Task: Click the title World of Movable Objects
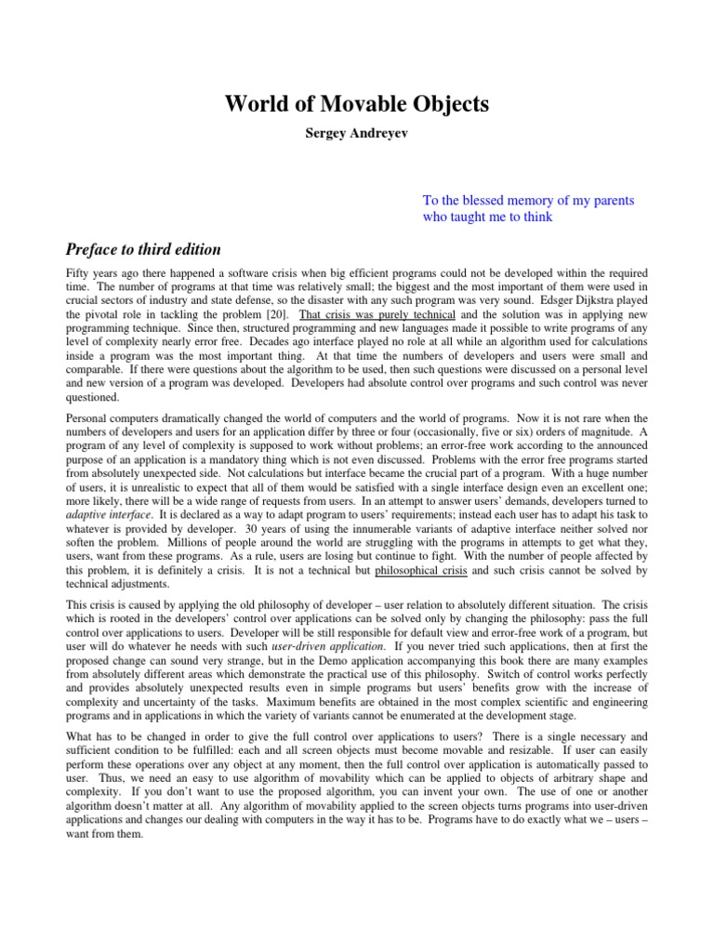point(356,104)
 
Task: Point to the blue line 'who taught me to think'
point(487,218)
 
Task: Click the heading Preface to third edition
point(142,249)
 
